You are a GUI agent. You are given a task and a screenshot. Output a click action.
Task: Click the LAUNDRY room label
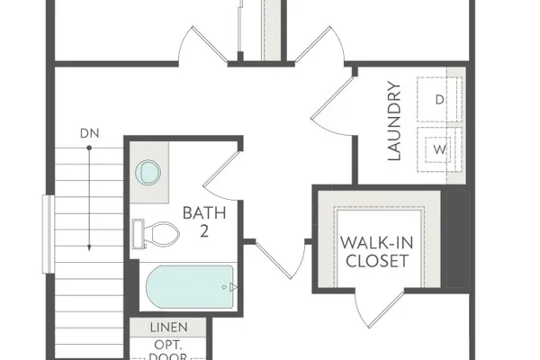tap(395, 121)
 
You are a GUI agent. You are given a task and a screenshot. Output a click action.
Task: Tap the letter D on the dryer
tap(439, 100)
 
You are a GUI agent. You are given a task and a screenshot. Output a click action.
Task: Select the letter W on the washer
tap(439, 149)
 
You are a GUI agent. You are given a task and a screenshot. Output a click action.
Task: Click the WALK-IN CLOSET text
tap(377, 252)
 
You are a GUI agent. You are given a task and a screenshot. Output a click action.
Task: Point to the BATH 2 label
tap(204, 222)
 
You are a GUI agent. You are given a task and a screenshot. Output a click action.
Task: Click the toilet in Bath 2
tap(156, 234)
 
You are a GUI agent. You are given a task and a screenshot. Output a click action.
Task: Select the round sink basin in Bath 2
tap(148, 172)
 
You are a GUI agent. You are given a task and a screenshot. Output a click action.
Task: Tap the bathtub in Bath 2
tap(190, 287)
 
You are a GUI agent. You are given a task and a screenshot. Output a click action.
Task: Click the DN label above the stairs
tap(89, 133)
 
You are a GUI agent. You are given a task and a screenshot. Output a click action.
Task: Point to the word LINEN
tap(169, 328)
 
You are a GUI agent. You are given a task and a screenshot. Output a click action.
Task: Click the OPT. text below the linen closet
tap(168, 345)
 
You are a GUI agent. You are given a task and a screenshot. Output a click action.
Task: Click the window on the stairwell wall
tap(49, 234)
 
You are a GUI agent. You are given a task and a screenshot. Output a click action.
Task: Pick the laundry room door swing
tap(331, 107)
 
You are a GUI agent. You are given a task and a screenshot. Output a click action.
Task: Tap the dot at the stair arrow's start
tap(89, 148)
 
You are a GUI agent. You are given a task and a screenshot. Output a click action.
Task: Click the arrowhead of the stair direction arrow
tap(89, 247)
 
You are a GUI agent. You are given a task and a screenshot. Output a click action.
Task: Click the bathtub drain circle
tap(224, 287)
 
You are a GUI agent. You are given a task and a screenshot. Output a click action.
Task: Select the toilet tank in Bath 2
tap(138, 234)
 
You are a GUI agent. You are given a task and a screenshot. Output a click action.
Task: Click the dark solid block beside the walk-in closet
tap(458, 238)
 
